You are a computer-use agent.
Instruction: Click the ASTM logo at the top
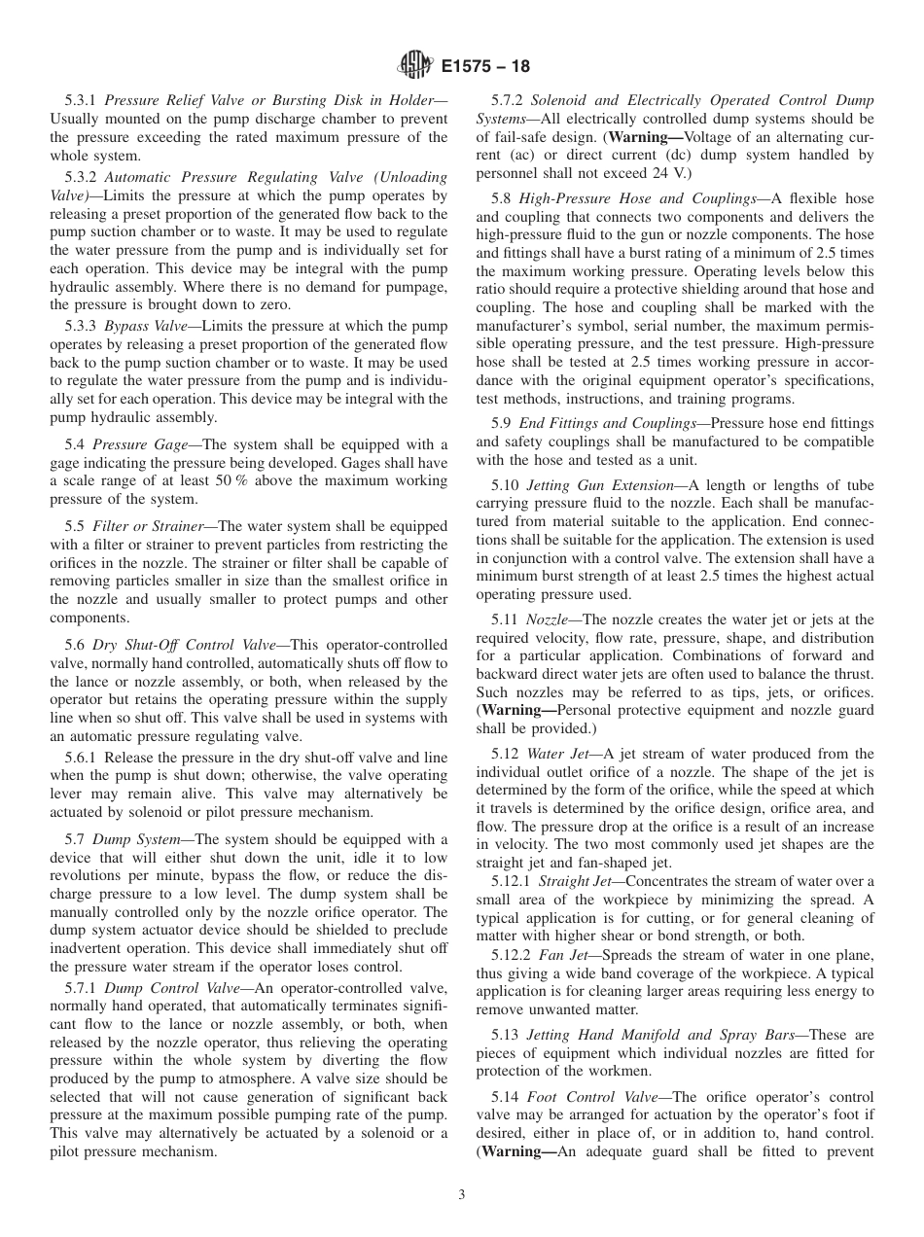(415, 66)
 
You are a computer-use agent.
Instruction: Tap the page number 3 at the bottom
(461, 1195)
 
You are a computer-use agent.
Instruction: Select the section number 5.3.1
(81, 100)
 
